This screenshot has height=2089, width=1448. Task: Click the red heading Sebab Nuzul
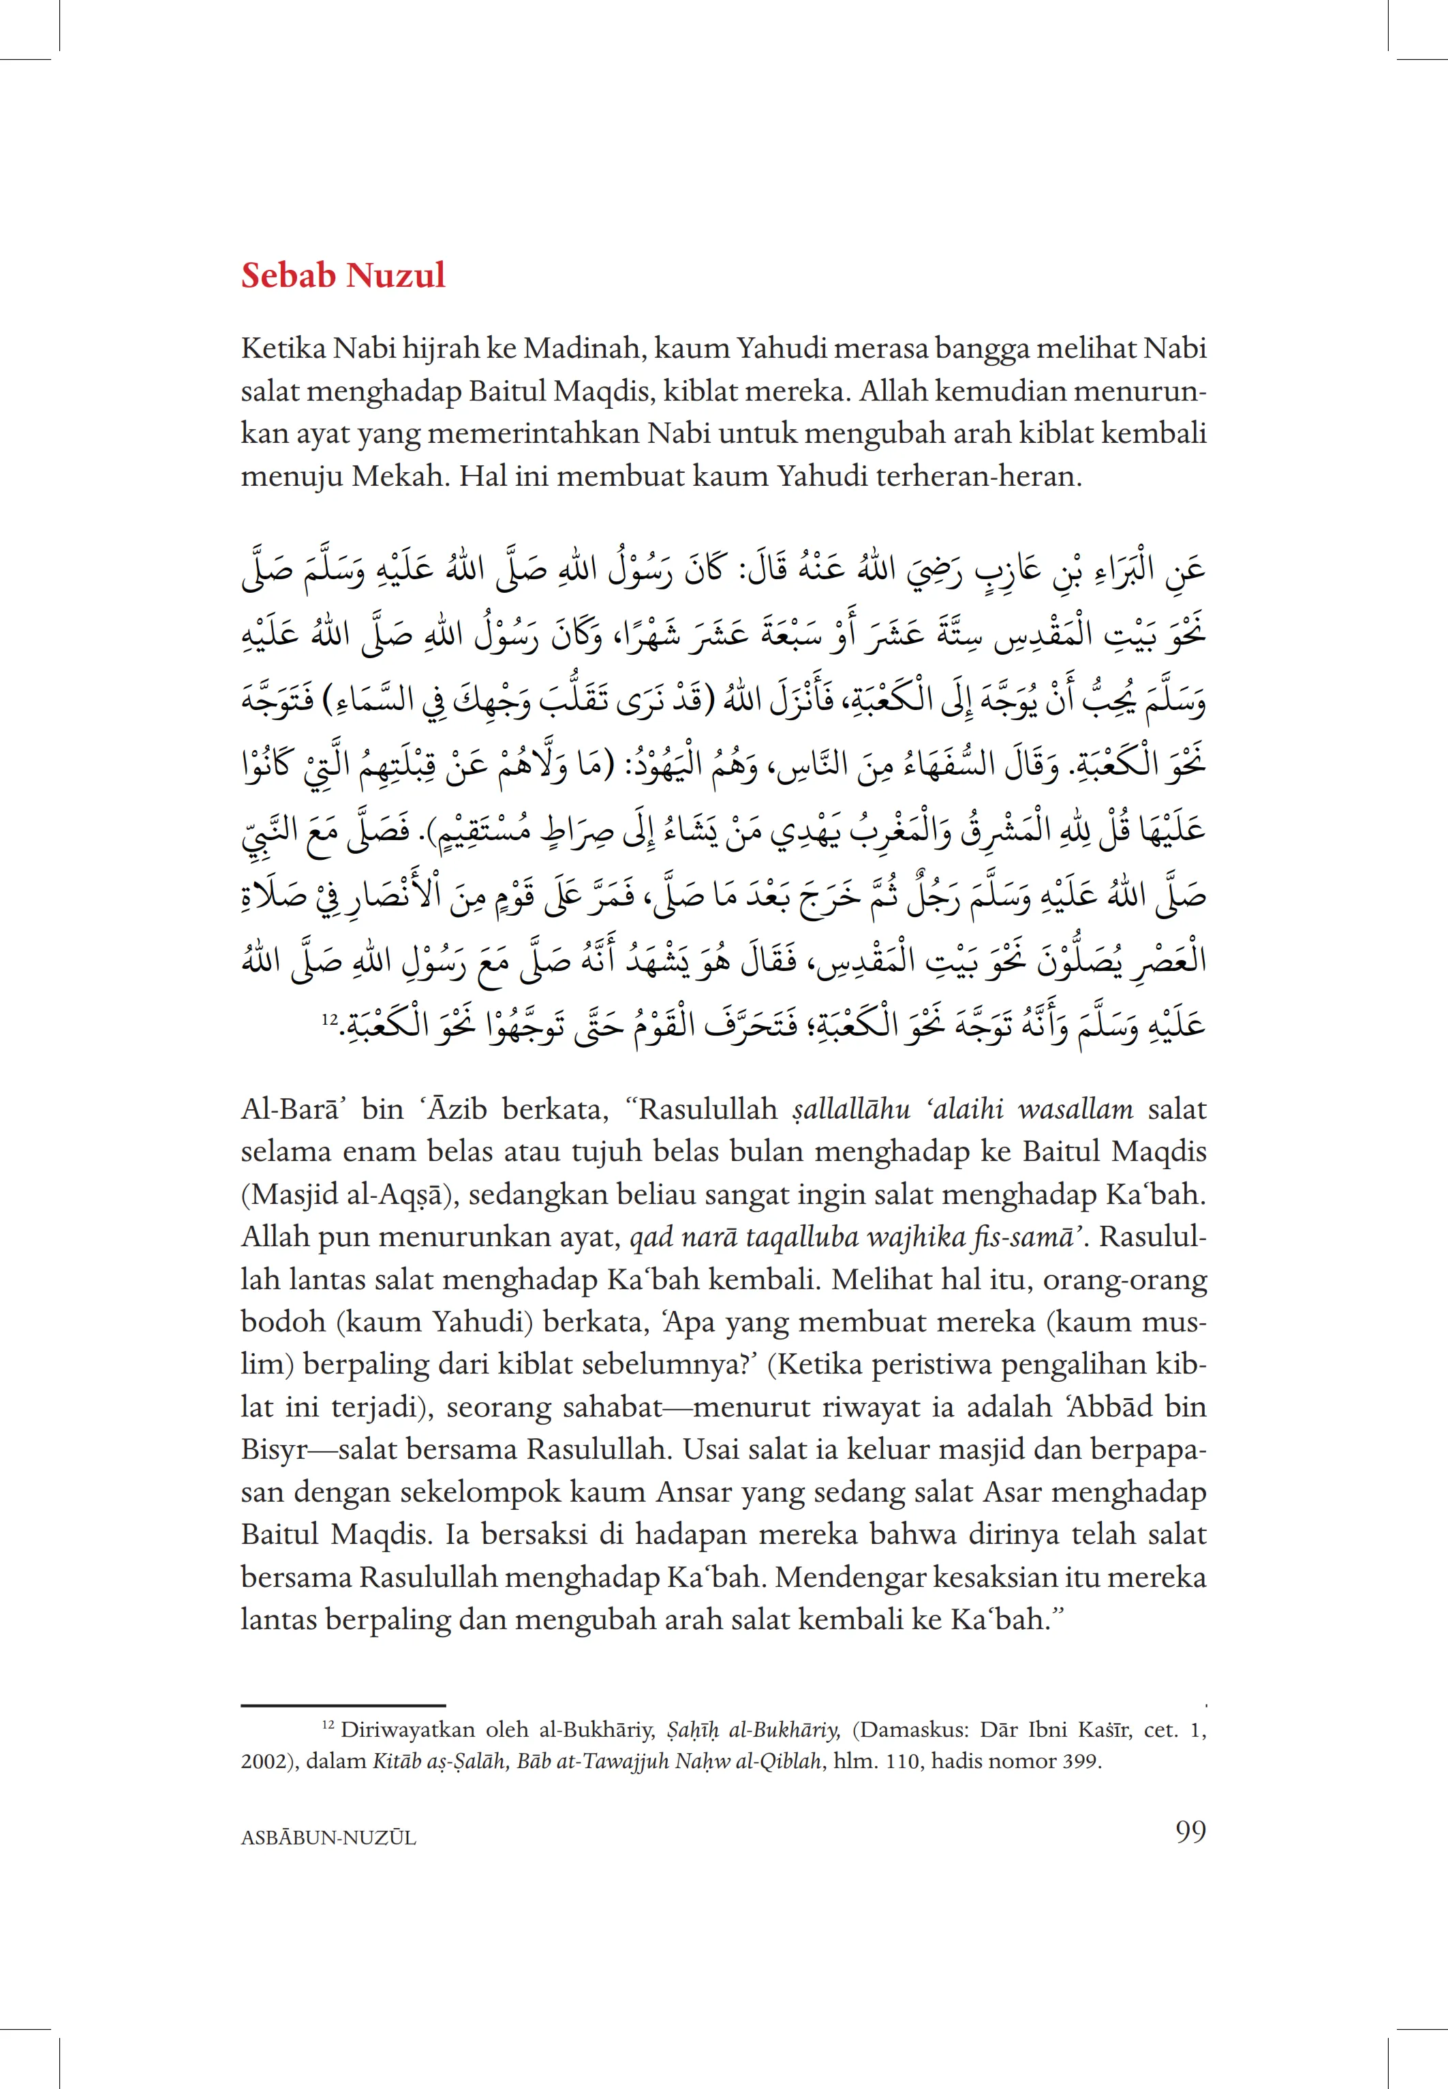point(343,276)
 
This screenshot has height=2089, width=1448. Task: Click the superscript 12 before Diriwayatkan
point(328,1722)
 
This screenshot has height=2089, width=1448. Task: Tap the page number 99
point(1190,1831)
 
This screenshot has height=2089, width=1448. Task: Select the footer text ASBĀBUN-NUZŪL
point(328,1838)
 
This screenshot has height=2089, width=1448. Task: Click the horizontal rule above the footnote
point(343,1706)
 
